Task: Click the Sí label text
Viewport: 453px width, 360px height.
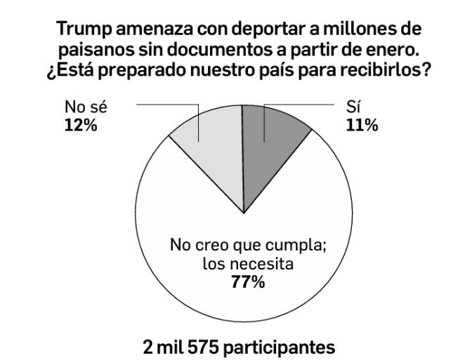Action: click(354, 110)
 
